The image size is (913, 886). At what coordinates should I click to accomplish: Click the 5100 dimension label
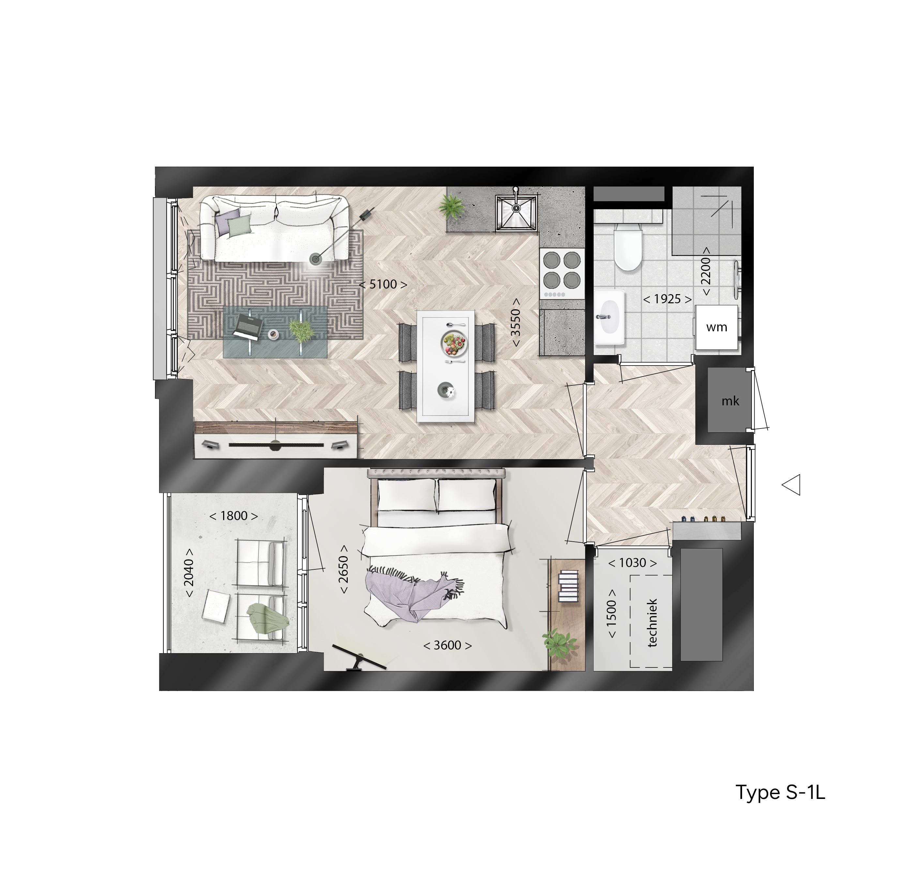point(383,284)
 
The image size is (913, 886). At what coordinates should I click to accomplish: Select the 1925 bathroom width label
point(667,299)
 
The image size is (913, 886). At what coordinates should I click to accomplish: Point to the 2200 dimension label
point(706,271)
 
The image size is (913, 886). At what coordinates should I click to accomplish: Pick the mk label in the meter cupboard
point(730,401)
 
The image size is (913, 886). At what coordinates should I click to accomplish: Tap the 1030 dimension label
point(632,563)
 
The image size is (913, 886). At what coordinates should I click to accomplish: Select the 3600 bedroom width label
point(447,645)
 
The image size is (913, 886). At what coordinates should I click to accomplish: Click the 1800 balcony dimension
point(233,516)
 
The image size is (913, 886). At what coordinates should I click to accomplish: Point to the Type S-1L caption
point(780,792)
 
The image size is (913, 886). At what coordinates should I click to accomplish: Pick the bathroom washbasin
point(609,317)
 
